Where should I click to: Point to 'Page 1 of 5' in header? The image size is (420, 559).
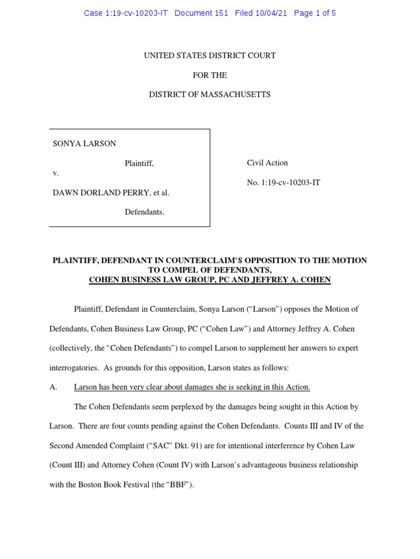(314, 13)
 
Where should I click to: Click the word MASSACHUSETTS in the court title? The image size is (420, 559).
(237, 94)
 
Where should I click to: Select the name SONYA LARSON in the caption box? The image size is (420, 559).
(84, 144)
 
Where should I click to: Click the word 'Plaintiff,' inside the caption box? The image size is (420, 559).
(139, 163)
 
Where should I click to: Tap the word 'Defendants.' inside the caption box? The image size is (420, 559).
(144, 212)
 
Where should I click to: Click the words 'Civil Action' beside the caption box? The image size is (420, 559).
(268, 163)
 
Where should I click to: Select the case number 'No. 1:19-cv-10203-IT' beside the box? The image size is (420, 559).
(284, 182)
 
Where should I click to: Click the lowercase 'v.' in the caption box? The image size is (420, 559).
(56, 173)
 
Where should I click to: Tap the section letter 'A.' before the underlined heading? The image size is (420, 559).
(54, 387)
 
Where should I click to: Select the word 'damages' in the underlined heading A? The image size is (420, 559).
(186, 387)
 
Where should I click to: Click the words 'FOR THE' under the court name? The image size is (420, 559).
(210, 75)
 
